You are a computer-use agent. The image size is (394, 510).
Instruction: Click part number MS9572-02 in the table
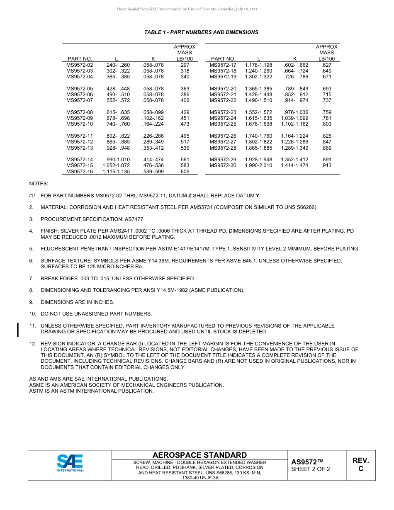(x=80, y=65)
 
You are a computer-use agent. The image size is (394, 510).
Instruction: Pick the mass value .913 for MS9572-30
(x=326, y=165)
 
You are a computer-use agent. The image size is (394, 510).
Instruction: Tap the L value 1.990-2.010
(x=258, y=165)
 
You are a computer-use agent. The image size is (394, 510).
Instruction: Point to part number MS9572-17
(x=223, y=65)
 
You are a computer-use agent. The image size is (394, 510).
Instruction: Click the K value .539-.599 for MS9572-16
(x=153, y=172)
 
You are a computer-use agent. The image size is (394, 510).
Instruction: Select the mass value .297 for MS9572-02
(x=184, y=65)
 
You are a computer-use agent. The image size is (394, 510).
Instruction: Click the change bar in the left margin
(x=18, y=330)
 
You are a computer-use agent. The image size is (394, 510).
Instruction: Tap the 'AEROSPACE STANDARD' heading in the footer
(x=199, y=455)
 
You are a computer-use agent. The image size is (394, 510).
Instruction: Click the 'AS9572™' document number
(x=307, y=462)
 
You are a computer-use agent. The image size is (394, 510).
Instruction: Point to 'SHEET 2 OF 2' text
(x=311, y=469)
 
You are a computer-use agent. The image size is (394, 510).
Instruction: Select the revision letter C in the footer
(x=361, y=469)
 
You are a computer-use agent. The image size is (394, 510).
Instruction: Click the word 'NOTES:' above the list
(x=39, y=183)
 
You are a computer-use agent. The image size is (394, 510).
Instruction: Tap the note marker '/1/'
(x=32, y=196)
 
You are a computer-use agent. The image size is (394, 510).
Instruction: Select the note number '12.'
(x=32, y=344)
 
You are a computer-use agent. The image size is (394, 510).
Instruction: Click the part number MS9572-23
(x=223, y=112)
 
